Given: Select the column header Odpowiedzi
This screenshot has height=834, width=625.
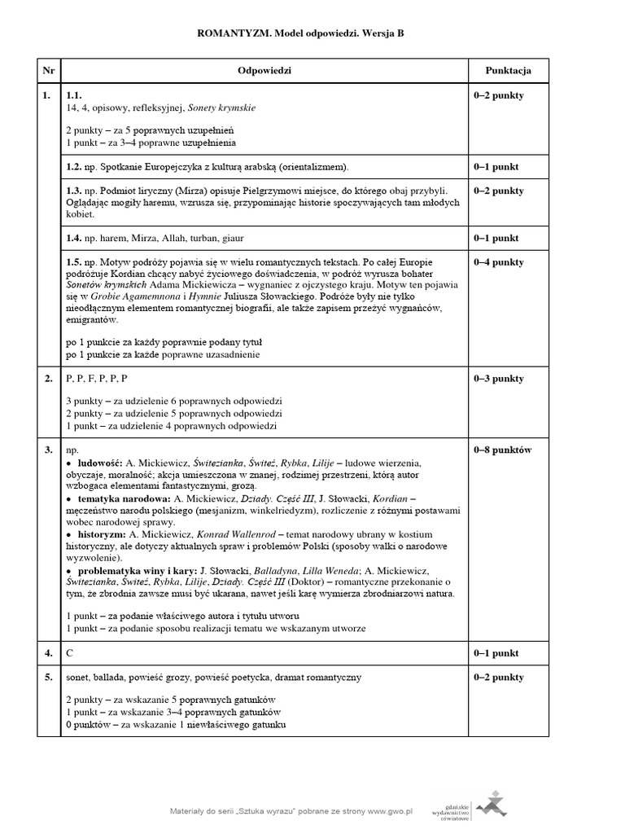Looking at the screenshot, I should [x=264, y=71].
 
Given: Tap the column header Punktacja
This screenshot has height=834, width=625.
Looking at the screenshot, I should [x=508, y=71].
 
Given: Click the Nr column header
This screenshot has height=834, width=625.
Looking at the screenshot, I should [x=47, y=71].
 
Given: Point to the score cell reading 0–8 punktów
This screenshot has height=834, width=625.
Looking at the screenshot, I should [x=501, y=450].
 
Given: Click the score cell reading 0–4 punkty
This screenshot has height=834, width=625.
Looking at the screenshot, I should [x=498, y=262].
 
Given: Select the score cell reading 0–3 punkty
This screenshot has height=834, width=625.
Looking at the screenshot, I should [x=498, y=379].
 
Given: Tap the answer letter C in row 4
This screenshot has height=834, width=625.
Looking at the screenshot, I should [x=70, y=653].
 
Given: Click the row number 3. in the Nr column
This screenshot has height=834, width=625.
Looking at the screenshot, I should [x=47, y=450].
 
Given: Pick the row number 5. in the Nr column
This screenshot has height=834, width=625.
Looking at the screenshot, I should [x=47, y=677].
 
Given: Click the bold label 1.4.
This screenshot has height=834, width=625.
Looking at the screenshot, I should [x=76, y=239].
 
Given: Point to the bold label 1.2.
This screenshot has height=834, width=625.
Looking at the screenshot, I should [x=76, y=167].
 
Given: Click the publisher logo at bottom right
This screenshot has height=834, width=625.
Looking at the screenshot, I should [x=489, y=805].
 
